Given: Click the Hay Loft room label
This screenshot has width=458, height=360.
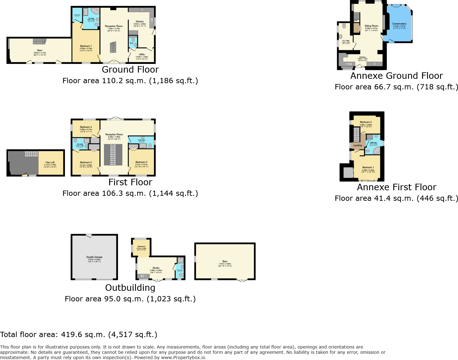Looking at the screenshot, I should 50,162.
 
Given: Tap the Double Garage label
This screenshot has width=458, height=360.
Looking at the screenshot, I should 94,257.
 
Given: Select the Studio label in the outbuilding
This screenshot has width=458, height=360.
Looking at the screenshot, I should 156,268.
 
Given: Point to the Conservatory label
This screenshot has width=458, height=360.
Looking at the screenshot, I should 399,24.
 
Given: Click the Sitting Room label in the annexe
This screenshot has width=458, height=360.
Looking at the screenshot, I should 371,26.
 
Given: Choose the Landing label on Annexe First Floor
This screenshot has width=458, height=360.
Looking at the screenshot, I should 357,145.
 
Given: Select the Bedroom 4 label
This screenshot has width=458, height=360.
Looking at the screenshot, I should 86,127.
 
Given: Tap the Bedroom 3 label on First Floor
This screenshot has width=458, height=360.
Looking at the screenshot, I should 141,162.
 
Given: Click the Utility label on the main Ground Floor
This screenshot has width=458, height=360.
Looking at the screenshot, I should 142,54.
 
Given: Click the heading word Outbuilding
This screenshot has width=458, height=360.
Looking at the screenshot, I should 130,288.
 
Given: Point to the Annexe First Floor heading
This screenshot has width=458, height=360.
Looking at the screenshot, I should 397,187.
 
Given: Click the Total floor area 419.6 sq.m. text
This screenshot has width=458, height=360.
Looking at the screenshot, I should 79,335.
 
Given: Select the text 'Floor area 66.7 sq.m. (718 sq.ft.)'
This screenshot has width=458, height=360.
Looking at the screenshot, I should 396,87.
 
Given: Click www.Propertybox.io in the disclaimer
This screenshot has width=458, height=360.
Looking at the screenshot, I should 183,358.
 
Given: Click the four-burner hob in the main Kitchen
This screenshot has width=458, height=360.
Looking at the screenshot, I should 142,10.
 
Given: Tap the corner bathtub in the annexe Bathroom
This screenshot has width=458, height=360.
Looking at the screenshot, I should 376,151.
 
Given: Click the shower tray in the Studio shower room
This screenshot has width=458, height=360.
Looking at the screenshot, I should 180,260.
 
